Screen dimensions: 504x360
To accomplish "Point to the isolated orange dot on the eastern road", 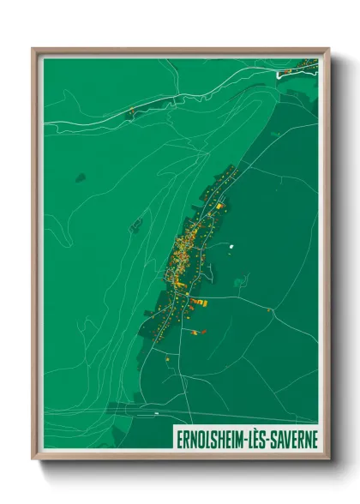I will (x=272, y=311).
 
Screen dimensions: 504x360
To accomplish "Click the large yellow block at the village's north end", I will (x=219, y=206).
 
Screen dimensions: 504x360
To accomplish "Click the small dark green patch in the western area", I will (x=80, y=177).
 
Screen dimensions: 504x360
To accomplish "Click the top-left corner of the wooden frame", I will (x=33, y=50).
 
